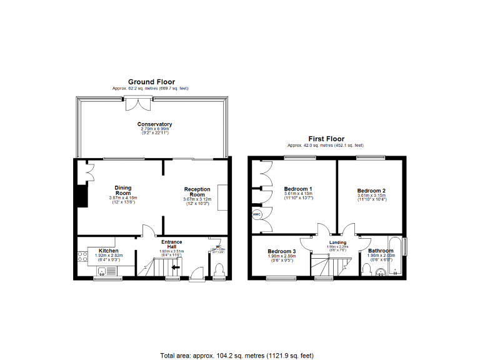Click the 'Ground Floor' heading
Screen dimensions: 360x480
151,82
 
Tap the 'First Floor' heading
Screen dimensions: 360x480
326,138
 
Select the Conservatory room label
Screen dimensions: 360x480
155,124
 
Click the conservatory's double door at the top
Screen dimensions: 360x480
134,104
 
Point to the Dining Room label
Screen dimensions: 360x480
122,190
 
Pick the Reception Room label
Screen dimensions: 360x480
197,192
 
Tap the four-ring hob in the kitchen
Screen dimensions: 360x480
82,256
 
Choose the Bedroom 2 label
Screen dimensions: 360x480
371,191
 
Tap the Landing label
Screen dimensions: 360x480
337,242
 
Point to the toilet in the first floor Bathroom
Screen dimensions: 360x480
368,269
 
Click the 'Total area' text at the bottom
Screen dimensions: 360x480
236,355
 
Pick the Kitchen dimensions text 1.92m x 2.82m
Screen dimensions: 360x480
109,256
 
